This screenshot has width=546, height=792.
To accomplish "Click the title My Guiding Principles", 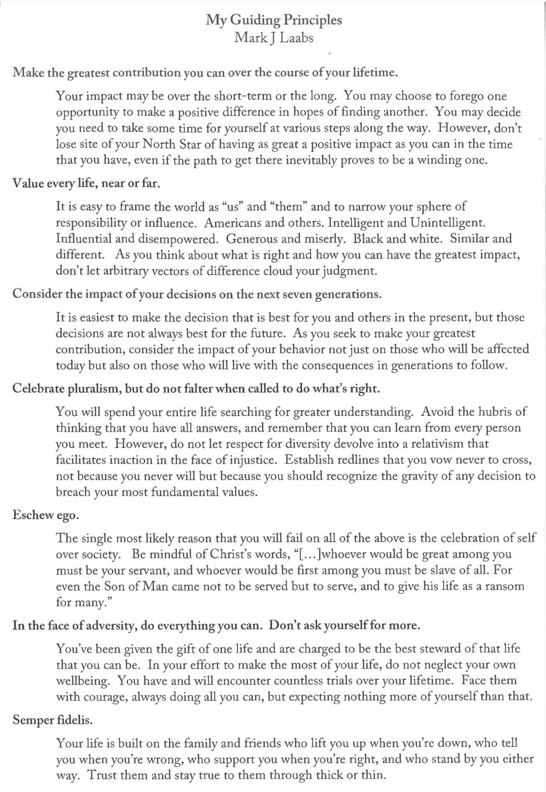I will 274,20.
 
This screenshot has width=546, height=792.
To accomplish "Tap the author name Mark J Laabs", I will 274,39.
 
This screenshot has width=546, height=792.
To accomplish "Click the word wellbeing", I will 81,680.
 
